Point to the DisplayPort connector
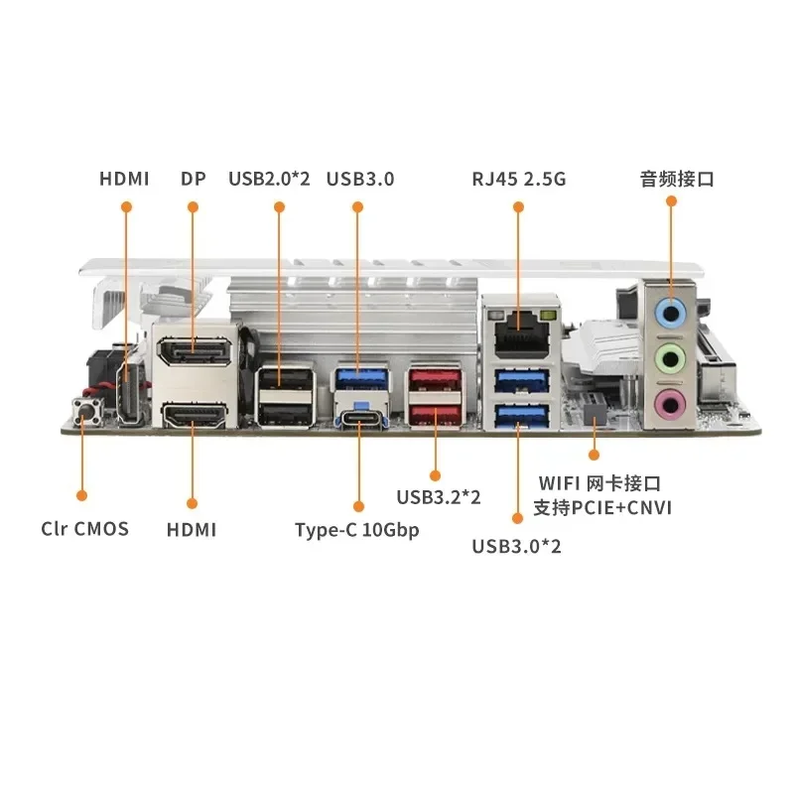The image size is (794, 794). (x=195, y=352)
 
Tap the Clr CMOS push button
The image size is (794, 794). (x=82, y=409)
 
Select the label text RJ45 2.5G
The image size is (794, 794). (x=518, y=180)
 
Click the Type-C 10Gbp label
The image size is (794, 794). (x=357, y=529)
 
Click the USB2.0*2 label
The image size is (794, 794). (x=269, y=180)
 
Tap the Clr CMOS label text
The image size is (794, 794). (x=85, y=528)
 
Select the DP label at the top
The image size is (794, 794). (x=193, y=180)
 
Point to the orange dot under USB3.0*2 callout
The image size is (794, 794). (x=516, y=517)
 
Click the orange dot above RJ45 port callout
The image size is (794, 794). (x=517, y=206)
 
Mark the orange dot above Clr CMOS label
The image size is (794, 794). (x=82, y=494)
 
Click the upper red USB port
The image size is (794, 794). (x=434, y=378)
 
